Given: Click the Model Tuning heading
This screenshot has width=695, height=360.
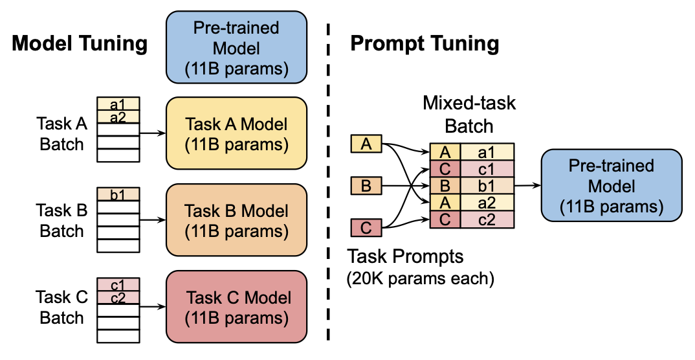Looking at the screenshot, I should (80, 43).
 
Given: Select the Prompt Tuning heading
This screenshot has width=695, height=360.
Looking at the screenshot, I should (425, 43).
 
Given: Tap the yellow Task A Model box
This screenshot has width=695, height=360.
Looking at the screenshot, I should (237, 134).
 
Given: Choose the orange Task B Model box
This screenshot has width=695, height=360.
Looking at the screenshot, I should (237, 221).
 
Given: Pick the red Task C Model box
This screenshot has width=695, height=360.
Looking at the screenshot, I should (237, 308).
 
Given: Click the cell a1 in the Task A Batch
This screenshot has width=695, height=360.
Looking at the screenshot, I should (118, 104).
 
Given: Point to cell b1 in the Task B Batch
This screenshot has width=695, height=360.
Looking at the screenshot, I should (118, 193).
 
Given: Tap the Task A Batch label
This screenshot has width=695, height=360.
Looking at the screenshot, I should (62, 134).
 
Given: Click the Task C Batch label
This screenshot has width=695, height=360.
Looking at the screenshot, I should (62, 308).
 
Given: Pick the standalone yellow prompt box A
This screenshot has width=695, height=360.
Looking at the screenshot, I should (366, 144).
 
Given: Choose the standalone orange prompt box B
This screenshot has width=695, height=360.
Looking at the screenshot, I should (366, 186).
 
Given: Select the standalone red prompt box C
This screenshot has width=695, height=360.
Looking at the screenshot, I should (366, 228).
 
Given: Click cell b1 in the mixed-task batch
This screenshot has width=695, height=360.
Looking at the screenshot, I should (487, 186).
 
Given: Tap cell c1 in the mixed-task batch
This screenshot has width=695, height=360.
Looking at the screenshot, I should (487, 169).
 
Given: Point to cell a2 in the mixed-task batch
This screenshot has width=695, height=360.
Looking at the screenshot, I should (487, 203).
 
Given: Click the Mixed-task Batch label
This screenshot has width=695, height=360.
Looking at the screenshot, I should (469, 113).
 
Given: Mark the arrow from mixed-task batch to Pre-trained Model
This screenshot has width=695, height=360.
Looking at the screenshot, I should (527, 186).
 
